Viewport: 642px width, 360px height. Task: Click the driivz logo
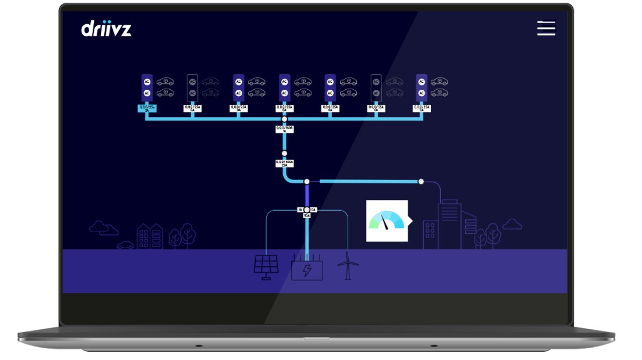106,28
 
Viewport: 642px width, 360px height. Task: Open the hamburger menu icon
546,28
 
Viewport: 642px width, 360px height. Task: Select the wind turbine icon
347,265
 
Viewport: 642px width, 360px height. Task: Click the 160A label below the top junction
285,129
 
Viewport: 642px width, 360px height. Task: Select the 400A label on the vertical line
285,163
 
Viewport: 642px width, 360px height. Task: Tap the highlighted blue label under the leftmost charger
147,109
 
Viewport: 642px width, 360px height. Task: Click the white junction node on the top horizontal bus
285,119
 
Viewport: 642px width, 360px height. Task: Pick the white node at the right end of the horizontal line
421,182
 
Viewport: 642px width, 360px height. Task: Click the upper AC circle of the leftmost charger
147,82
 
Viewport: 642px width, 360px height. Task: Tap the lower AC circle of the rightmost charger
421,93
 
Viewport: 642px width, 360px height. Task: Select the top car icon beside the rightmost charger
439,82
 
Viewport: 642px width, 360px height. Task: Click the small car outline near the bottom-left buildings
125,245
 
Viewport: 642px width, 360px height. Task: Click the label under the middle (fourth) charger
285,109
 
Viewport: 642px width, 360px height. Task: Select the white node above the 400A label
285,153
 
